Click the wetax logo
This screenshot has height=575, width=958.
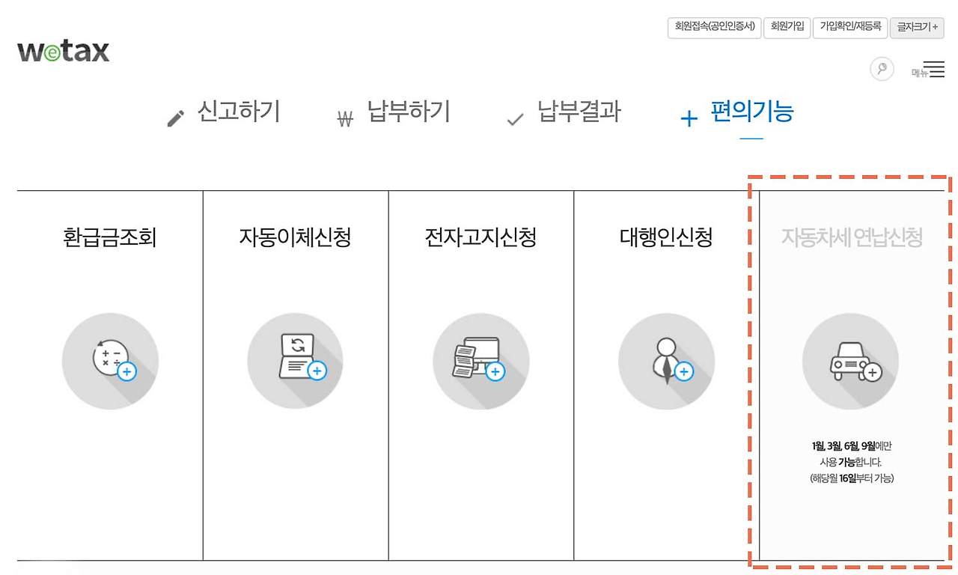(64, 51)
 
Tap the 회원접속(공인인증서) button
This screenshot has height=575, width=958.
(714, 28)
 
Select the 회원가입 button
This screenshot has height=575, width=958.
(787, 28)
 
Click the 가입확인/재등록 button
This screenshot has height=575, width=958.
(850, 28)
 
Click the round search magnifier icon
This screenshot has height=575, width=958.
(882, 68)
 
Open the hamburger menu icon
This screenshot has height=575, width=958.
(933, 69)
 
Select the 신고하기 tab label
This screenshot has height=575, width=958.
(239, 112)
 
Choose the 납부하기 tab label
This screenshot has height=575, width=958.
(409, 112)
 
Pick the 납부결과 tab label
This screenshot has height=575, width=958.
(579, 112)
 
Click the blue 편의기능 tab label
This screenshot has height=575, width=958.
(752, 112)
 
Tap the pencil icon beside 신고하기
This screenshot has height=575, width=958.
(175, 118)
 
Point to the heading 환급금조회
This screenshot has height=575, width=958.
(110, 237)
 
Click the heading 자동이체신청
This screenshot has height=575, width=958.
(295, 237)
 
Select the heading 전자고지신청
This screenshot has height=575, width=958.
(480, 237)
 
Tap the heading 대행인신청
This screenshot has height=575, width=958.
(666, 237)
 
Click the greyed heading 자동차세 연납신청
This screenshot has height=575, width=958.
(852, 237)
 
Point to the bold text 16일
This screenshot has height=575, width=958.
(848, 478)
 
